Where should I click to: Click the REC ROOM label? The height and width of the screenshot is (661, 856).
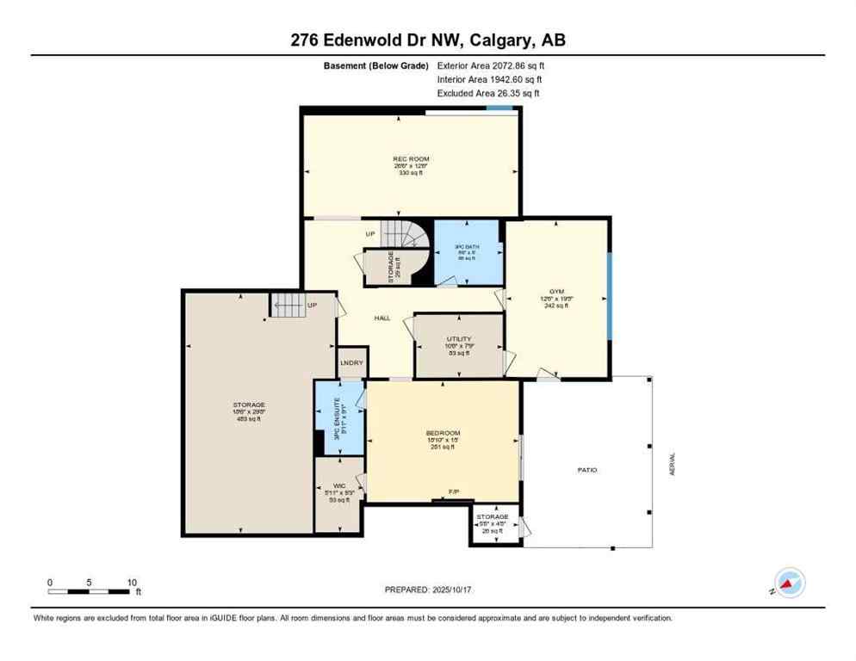click(411, 159)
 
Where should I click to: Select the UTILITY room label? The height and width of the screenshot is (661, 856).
click(458, 339)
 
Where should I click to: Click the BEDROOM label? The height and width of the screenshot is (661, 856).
click(444, 433)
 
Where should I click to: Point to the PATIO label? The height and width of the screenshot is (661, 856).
click(587, 470)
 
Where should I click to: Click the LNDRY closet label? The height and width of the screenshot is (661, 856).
click(351, 363)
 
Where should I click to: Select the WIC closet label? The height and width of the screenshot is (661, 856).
click(338, 486)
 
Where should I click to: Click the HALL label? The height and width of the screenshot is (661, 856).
click(382, 318)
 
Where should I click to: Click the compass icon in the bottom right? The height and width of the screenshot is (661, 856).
click(789, 583)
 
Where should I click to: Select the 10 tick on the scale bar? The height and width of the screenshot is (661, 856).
click(132, 582)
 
